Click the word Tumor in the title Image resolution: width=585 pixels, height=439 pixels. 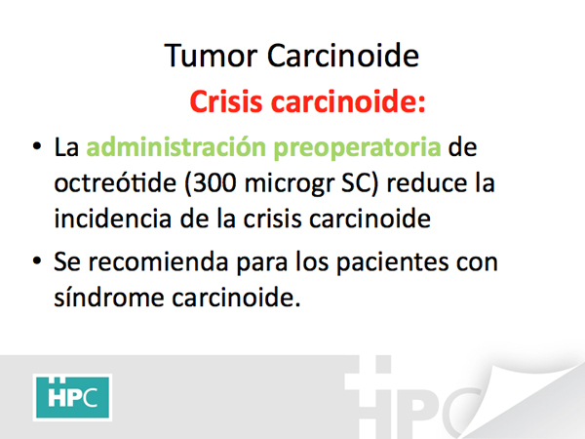click(211, 56)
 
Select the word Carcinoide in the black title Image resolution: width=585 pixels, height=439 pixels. click(343, 56)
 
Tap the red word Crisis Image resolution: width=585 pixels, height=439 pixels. click(226, 100)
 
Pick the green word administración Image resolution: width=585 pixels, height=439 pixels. click(175, 146)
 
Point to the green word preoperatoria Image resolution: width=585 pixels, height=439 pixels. click(357, 148)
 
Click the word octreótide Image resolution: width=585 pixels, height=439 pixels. click(115, 182)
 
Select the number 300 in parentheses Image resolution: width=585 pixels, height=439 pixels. click(214, 183)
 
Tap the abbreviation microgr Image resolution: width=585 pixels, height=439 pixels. click(290, 183)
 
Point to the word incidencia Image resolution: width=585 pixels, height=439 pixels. click(113, 218)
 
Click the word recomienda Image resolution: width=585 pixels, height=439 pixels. click(158, 261)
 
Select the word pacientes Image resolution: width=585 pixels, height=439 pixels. click(392, 262)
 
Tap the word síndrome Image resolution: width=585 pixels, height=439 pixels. click(109, 298)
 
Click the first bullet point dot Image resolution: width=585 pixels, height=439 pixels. click(37, 146)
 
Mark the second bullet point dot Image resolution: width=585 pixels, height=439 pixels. click(37, 260)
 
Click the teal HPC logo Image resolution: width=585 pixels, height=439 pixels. click(72, 397)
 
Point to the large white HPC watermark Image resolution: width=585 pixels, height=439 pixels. click(412, 398)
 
